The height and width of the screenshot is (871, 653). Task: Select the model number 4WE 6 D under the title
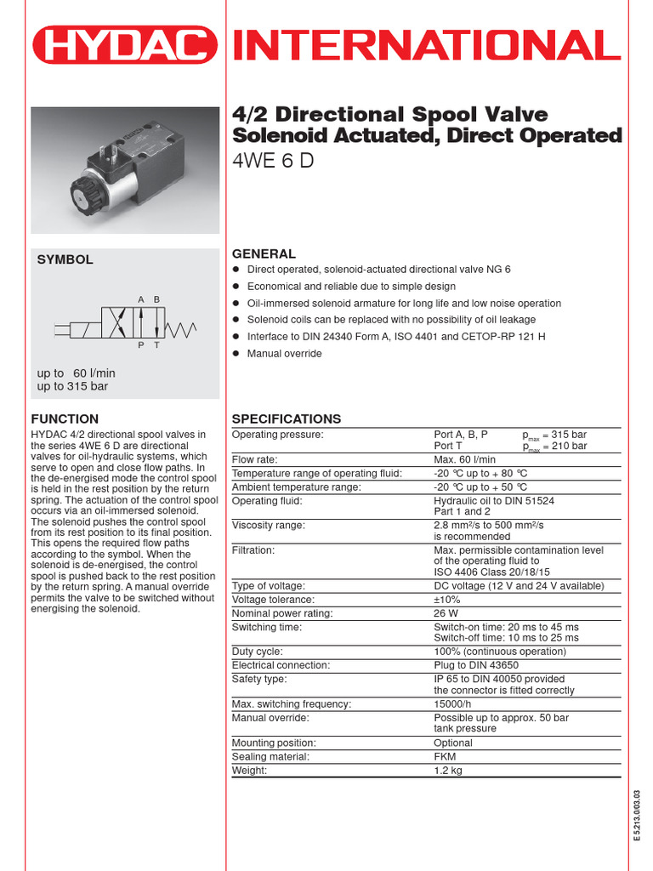(x=273, y=160)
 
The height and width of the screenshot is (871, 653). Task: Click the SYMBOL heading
(x=65, y=259)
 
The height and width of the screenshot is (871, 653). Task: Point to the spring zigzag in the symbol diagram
(x=184, y=326)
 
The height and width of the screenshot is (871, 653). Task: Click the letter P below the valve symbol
(x=140, y=345)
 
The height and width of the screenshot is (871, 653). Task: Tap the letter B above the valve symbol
(x=156, y=299)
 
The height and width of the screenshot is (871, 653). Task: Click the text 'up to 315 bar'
(x=72, y=386)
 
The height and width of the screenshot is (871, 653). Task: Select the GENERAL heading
(x=264, y=253)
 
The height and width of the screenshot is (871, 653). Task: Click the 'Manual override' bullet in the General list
(x=284, y=353)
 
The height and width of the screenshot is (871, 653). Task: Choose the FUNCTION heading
(x=65, y=418)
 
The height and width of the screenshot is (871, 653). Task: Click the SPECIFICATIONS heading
(x=287, y=418)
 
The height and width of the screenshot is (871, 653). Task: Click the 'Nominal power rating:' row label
(x=282, y=613)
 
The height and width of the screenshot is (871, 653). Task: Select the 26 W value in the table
(x=446, y=613)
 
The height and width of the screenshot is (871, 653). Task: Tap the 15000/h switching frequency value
(x=454, y=703)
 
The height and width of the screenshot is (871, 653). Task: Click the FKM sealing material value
(x=445, y=756)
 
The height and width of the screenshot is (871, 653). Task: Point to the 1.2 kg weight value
(x=448, y=770)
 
